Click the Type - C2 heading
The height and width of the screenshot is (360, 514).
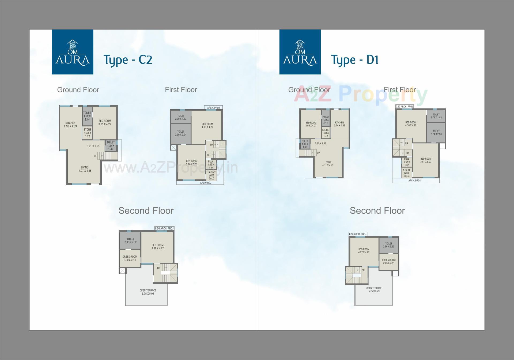point(128,59)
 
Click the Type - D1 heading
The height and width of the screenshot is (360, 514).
point(355,59)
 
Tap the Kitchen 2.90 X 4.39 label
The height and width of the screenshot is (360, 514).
point(70,125)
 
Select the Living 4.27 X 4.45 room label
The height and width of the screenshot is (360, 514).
point(85,169)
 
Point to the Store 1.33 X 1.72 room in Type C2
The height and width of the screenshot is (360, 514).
point(88,133)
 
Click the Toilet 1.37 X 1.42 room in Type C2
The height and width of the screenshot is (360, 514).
point(111,146)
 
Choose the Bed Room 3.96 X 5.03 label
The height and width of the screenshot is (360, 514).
point(192,163)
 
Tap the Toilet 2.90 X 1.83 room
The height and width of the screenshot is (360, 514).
point(181,117)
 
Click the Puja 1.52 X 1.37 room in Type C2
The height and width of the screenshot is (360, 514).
point(211,164)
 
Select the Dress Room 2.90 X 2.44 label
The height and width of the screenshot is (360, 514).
point(130,258)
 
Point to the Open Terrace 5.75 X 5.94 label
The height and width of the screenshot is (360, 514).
point(148,292)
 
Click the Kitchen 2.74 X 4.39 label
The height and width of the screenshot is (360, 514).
point(339,124)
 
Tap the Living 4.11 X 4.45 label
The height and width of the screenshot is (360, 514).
point(328,164)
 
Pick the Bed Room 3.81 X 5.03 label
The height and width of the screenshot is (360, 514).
point(426,160)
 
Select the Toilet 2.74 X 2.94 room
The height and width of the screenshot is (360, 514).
point(436,133)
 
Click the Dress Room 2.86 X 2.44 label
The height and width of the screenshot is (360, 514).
point(389,261)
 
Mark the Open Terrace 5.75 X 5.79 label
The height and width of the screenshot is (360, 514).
point(374,290)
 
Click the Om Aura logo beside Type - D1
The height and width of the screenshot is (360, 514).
point(300,52)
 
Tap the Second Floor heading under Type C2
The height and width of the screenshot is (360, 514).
point(146,211)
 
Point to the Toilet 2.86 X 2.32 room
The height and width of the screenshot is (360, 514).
point(389,245)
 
